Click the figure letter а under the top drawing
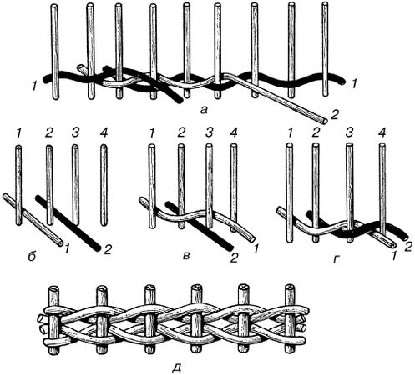click(x=204, y=111)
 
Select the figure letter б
click(x=33, y=257)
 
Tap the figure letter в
click(x=187, y=256)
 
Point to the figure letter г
click(x=336, y=259)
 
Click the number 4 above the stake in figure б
click(x=103, y=134)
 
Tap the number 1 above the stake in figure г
click(x=290, y=134)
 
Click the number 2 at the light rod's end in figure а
click(x=334, y=115)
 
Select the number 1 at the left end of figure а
click(x=34, y=87)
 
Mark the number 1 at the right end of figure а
click(x=354, y=84)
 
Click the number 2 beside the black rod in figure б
click(x=107, y=250)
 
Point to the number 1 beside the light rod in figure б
click(x=68, y=248)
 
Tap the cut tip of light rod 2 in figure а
click(x=324, y=121)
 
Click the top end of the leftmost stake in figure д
click(x=53, y=288)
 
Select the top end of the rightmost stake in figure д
click(x=291, y=287)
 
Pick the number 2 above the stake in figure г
click(x=315, y=134)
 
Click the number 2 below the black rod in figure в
click(x=234, y=258)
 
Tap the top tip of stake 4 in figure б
click(x=104, y=146)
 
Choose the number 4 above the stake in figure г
click(x=382, y=134)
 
